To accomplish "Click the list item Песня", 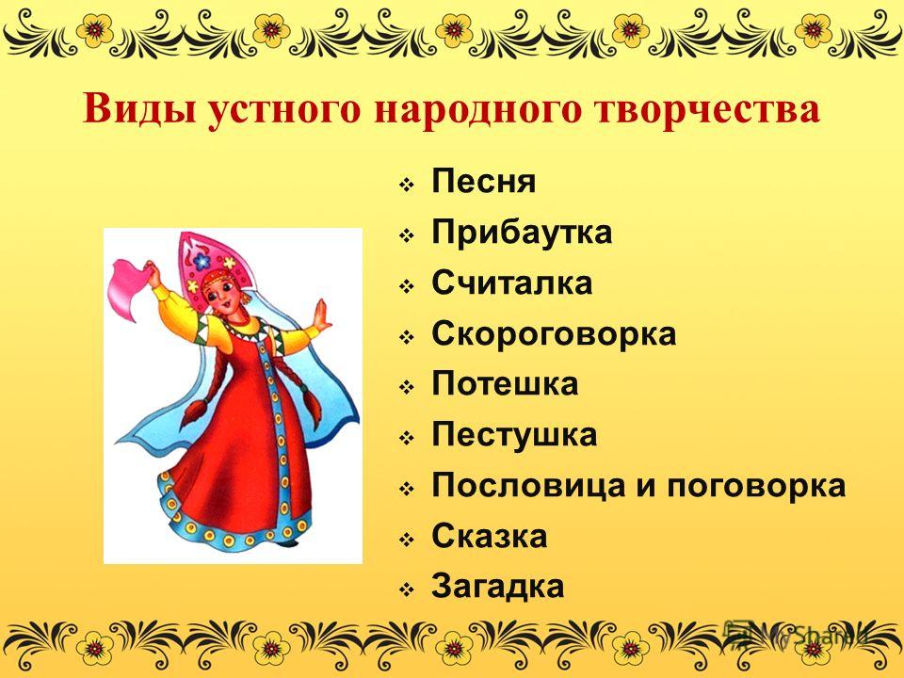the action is pos(484,181).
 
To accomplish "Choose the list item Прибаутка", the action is pos(522,232).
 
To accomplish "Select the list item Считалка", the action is pos(512,282).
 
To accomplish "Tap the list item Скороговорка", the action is pos(554,333).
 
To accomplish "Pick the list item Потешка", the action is pos(505,384).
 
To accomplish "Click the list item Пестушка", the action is pos(514,435).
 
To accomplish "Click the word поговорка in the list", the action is pos(756,486).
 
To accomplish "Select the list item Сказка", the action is pos(490,536).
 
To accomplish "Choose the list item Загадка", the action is pos(497,587).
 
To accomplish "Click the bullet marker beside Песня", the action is pos(407,186).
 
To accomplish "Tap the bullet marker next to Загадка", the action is pos(407,589).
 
